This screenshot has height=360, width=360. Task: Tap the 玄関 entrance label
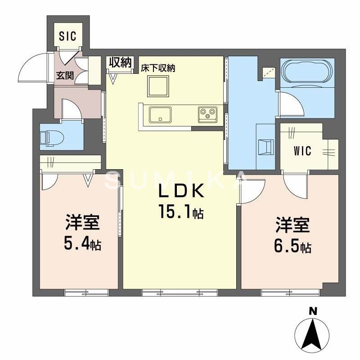pos(64,75)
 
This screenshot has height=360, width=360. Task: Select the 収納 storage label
pos(120,63)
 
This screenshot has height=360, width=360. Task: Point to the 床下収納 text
pos(157,68)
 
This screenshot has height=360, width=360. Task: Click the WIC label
pos(303,151)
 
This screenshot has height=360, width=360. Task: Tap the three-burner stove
pos(207,114)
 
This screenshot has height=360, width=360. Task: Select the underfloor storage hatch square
pos(157,85)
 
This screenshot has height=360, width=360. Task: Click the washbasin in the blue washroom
pos(265,146)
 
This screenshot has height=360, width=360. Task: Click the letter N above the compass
pos(312,310)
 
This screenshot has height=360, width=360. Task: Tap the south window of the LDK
pos(180,292)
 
